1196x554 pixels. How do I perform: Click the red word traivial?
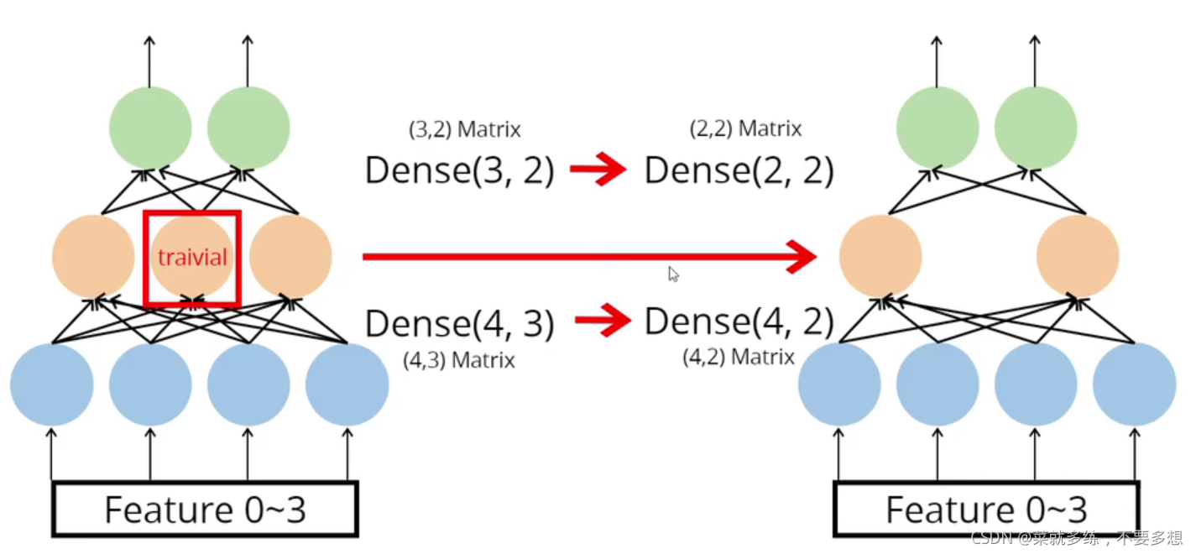(192, 257)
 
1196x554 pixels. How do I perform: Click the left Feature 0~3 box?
(205, 509)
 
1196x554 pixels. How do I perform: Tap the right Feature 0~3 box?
(986, 509)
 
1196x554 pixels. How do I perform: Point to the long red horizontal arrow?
(588, 256)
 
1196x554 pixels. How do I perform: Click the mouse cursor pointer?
(673, 274)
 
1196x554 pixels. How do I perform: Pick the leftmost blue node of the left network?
(51, 384)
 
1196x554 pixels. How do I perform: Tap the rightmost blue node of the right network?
(1134, 384)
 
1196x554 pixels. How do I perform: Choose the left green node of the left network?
(150, 128)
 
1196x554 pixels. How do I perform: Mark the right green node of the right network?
(1036, 128)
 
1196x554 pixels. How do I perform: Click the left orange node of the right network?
(880, 256)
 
